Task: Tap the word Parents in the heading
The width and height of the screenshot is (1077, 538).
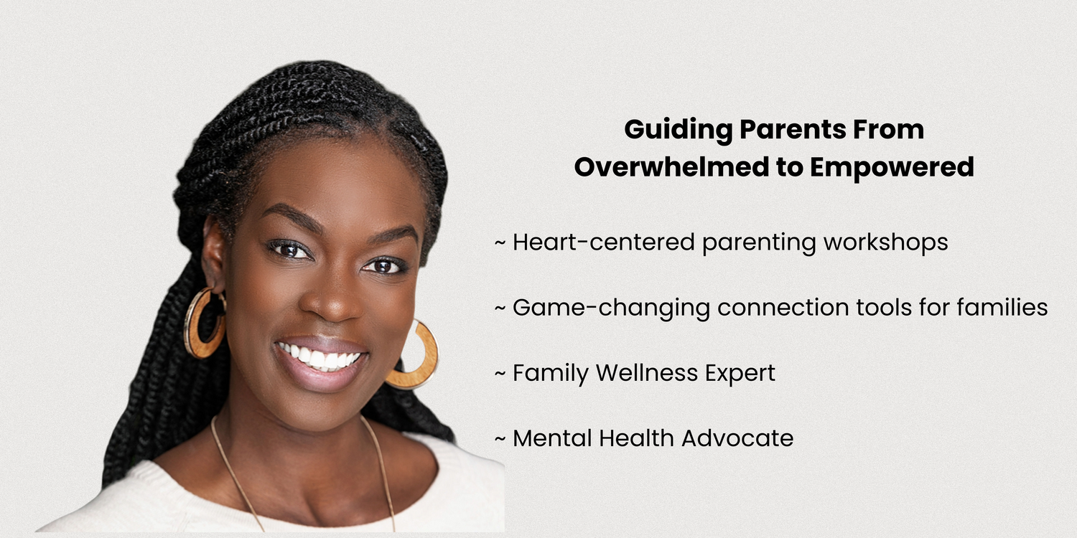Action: [x=792, y=129]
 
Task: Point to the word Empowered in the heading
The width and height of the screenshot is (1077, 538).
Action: [x=892, y=168]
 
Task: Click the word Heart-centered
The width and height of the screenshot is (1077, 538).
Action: [x=604, y=242]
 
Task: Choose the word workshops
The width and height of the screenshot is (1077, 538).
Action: [x=885, y=243]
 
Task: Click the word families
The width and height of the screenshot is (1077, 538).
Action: [x=1002, y=308]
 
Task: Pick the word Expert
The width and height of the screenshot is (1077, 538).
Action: [x=740, y=374]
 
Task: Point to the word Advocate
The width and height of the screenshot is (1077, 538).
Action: [x=737, y=438]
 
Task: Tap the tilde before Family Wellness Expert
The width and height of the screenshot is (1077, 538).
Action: [x=500, y=374]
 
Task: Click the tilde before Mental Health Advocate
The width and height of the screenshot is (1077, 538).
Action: [x=500, y=439]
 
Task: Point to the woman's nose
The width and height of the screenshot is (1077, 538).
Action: [x=332, y=298]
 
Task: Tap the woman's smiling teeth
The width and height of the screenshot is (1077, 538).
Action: [x=318, y=357]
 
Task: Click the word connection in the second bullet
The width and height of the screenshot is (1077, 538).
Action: [x=783, y=308]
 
